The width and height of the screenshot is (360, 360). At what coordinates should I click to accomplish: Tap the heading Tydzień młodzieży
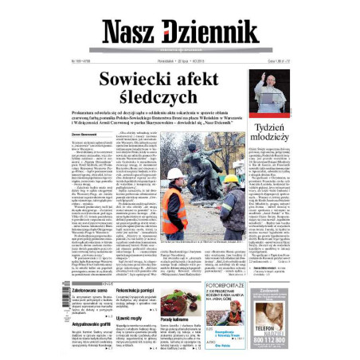(x=273, y=132)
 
